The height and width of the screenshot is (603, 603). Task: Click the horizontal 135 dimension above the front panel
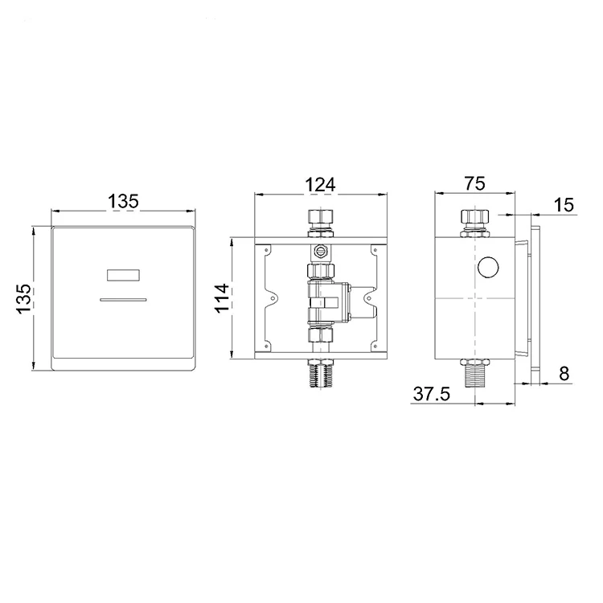124,201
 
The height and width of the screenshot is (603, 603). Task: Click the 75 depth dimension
474,183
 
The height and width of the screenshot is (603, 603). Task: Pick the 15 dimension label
564,204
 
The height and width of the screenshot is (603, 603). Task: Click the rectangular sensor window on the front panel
123,275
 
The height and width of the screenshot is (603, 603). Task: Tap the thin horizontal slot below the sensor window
123,299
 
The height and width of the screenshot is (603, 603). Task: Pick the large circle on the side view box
488,268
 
